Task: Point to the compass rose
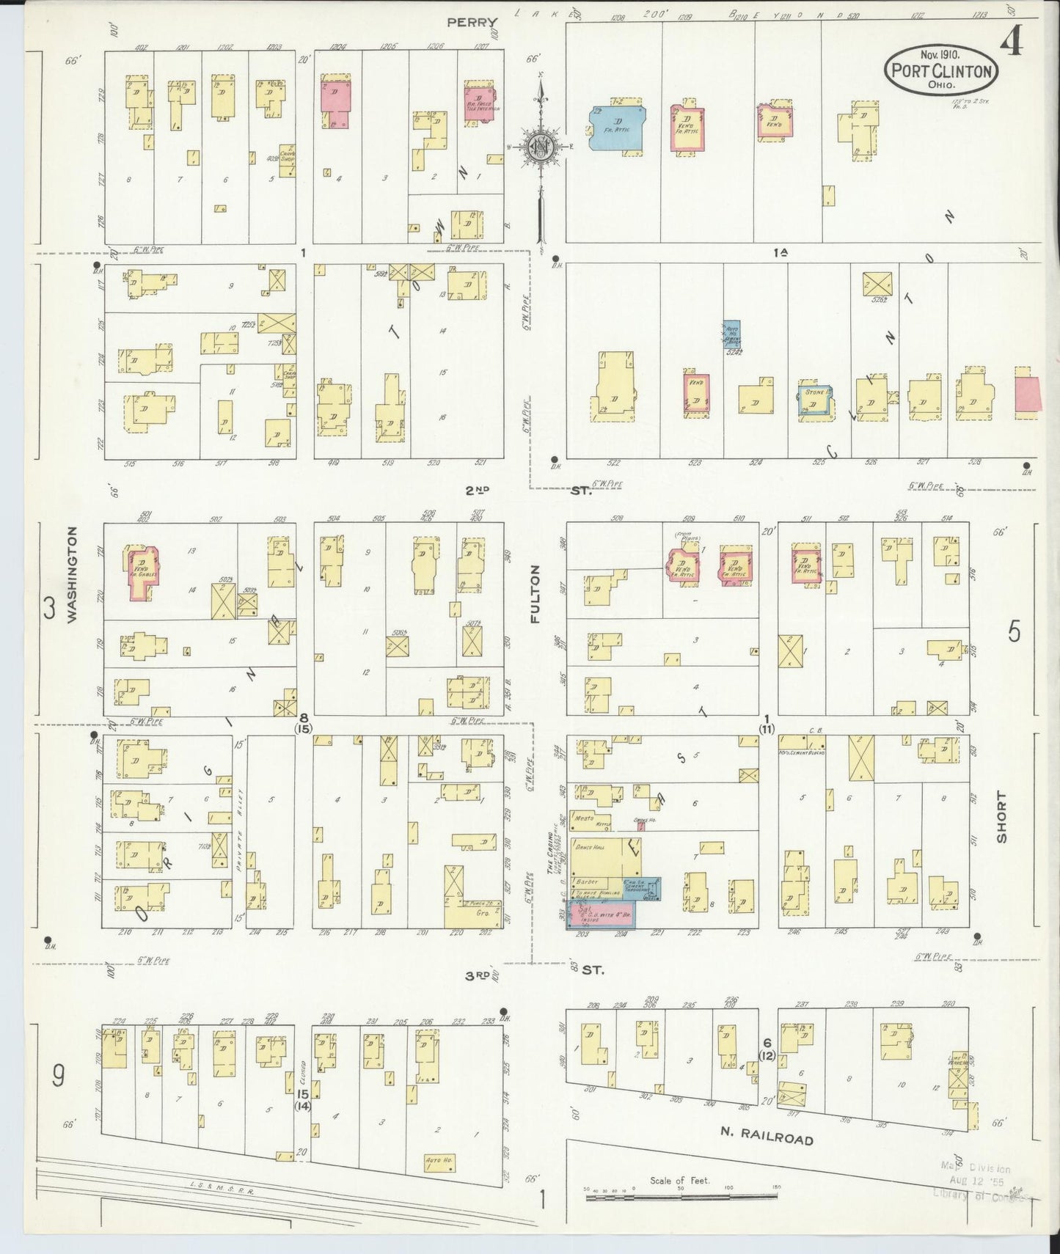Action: [x=541, y=146]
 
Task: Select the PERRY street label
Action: [x=472, y=23]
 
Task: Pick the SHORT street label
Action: [x=1001, y=817]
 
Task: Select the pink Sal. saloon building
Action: [x=600, y=914]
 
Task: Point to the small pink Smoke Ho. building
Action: [x=640, y=825]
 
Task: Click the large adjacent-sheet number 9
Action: [x=57, y=1076]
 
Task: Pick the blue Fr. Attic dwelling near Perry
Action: [x=617, y=129]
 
